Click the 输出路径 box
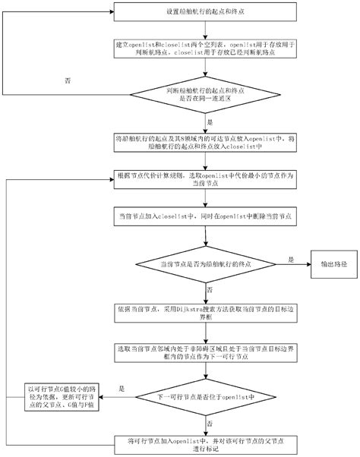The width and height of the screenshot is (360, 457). click(x=332, y=263)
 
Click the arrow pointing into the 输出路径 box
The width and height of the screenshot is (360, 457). click(x=304, y=263)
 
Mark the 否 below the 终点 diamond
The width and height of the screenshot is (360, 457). click(x=210, y=289)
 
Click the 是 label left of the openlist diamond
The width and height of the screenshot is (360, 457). click(x=122, y=388)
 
